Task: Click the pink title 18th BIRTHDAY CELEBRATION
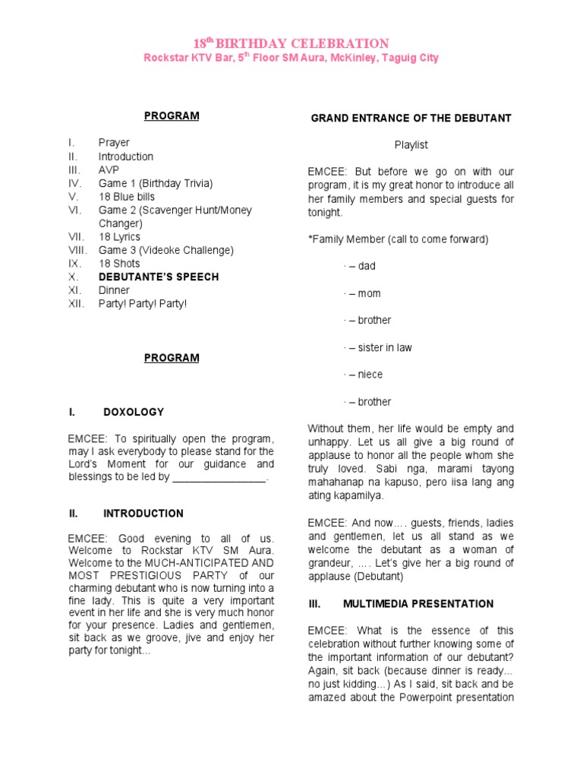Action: [291, 43]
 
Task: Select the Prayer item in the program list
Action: [114, 142]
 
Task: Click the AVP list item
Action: [109, 169]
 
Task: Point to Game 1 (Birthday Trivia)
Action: [156, 183]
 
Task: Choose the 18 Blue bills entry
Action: [127, 197]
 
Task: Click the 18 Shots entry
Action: [118, 264]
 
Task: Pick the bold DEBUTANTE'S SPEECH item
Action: [159, 277]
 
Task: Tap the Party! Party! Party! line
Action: [142, 304]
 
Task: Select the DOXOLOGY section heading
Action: [134, 412]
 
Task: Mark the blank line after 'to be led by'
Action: [219, 477]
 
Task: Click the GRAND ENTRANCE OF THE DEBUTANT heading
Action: [411, 118]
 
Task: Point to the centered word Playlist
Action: [411, 144]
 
